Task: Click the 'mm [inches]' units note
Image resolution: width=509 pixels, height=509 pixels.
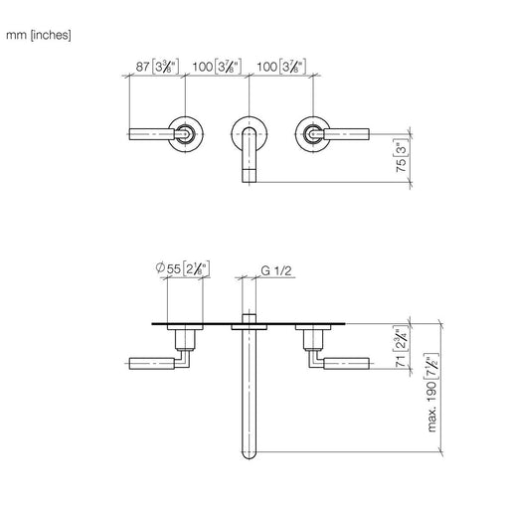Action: coord(39,35)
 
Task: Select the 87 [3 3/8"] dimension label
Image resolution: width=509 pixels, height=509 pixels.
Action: coord(157,67)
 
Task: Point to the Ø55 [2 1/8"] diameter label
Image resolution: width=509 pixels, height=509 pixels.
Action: coord(183,268)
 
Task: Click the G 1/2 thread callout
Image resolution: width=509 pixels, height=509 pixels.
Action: coord(276,270)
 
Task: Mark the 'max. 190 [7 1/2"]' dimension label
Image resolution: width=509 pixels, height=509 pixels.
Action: coord(432,393)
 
